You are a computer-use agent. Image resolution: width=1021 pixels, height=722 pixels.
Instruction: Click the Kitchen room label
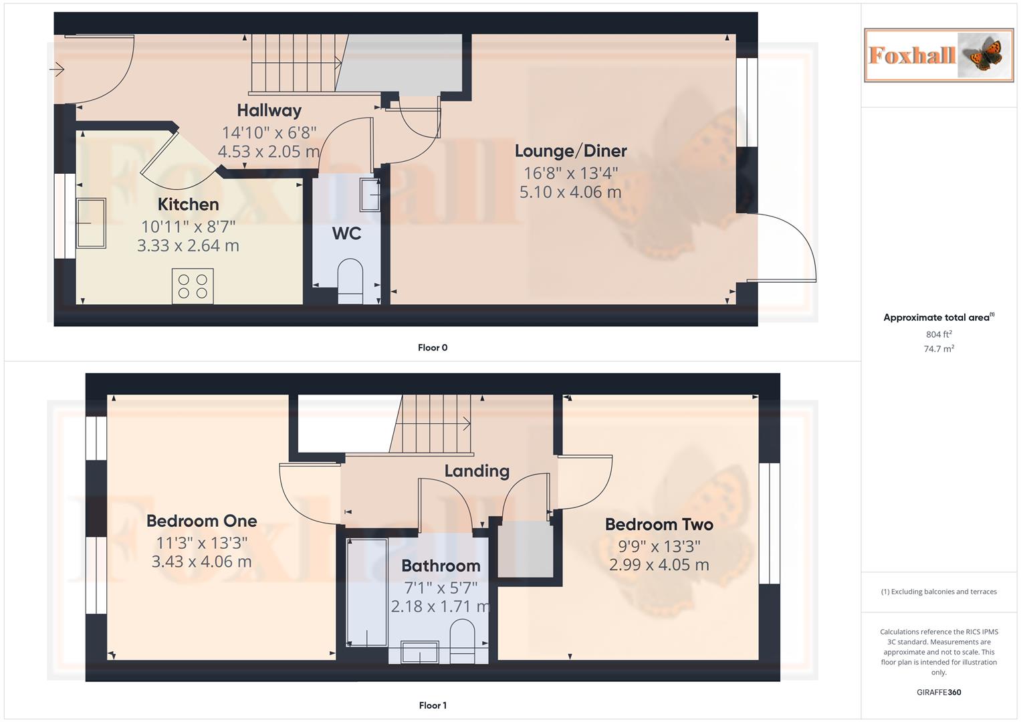[188, 205]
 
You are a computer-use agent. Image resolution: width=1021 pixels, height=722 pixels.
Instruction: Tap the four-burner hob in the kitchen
[193, 286]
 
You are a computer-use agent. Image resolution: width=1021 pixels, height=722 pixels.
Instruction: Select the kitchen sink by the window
[91, 223]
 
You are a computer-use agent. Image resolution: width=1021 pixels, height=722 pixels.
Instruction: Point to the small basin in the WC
[370, 195]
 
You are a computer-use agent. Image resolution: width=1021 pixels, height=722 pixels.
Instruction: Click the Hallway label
[269, 110]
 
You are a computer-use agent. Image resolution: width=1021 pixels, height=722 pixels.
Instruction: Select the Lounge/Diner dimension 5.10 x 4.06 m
[570, 193]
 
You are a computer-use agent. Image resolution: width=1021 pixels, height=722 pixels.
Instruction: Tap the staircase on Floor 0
[294, 64]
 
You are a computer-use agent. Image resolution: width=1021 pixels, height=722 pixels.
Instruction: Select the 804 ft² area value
[939, 334]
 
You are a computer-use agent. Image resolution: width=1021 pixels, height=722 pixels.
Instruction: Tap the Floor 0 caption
[433, 348]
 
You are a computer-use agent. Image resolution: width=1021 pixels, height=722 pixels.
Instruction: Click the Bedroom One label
[201, 521]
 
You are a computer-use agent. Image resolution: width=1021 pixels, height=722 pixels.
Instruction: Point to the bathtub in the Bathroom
[367, 592]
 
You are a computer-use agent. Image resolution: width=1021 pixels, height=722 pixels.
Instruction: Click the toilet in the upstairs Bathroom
[462, 640]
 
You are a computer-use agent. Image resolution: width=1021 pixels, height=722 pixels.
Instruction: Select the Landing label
[477, 471]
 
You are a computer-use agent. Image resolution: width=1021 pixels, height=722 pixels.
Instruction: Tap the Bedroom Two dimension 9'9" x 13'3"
[659, 546]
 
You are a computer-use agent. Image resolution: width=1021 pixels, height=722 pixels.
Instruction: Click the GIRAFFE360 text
[939, 693]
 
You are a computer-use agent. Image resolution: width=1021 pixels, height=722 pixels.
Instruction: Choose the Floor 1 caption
[433, 705]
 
